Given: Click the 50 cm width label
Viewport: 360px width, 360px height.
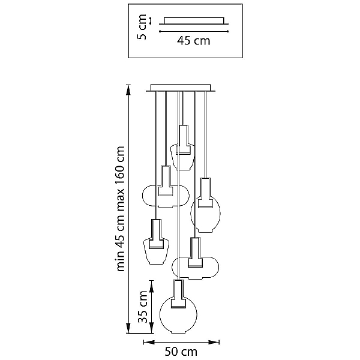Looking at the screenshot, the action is (x=181, y=352).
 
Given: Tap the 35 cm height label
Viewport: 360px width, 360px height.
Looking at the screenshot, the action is (x=143, y=307).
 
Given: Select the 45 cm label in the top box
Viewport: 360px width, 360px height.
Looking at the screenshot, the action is (x=194, y=41).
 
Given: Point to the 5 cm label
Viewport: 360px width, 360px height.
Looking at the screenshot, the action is (x=142, y=27).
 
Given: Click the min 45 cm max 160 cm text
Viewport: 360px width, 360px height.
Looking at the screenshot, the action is (x=120, y=209).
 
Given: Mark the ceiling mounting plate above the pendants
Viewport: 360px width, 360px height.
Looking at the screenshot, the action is (x=181, y=88).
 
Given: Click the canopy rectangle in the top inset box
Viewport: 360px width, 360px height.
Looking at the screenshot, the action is (x=194, y=20).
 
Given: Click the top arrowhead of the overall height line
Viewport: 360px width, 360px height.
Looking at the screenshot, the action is (x=128, y=89).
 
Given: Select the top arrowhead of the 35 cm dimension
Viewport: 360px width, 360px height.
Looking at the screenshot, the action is (x=151, y=286).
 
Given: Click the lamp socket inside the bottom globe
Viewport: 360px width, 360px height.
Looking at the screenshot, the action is (x=178, y=294).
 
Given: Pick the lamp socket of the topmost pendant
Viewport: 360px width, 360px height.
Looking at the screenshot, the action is (x=183, y=139).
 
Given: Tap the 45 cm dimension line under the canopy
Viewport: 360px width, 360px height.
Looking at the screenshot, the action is (x=194, y=31).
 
